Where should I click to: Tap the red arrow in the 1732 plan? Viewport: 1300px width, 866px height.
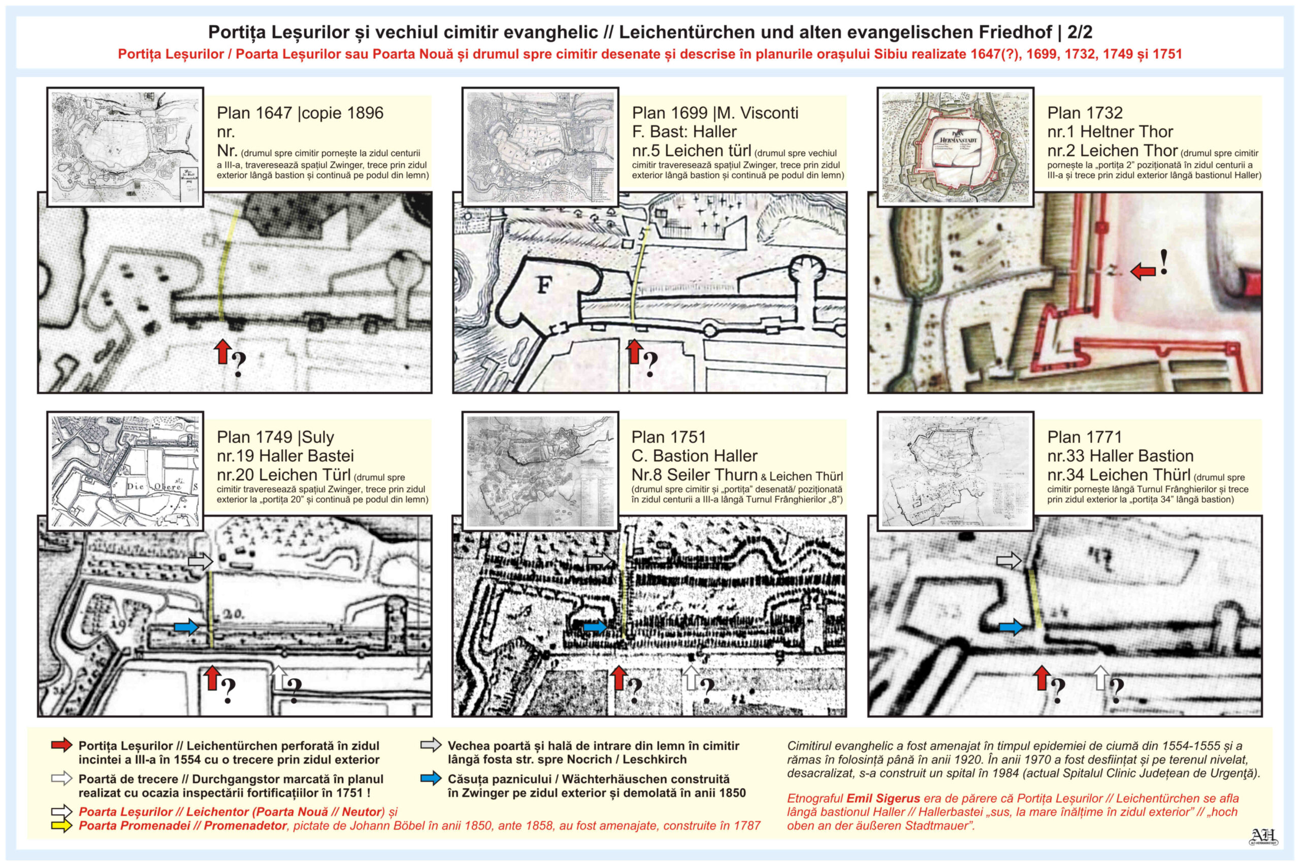pyautogui.click(x=1143, y=271)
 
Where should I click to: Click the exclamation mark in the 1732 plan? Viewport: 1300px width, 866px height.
pyautogui.click(x=1163, y=262)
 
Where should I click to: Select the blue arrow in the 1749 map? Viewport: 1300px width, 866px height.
pyautogui.click(x=186, y=627)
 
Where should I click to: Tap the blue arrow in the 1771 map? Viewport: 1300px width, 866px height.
pyautogui.click(x=1011, y=626)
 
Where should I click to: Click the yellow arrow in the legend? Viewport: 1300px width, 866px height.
pyautogui.click(x=61, y=826)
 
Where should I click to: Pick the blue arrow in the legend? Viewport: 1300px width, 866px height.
pyautogui.click(x=431, y=779)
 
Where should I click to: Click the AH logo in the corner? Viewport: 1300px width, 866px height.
pyautogui.click(x=1263, y=837)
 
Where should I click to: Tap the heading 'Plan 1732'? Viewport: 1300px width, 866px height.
pyautogui.click(x=1085, y=113)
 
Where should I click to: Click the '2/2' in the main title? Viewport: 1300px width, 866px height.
pyautogui.click(x=1080, y=32)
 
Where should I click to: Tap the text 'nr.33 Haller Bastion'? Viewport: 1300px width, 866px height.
pyautogui.click(x=1120, y=456)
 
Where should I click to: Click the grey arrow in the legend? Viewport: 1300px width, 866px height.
pyautogui.click(x=431, y=745)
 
